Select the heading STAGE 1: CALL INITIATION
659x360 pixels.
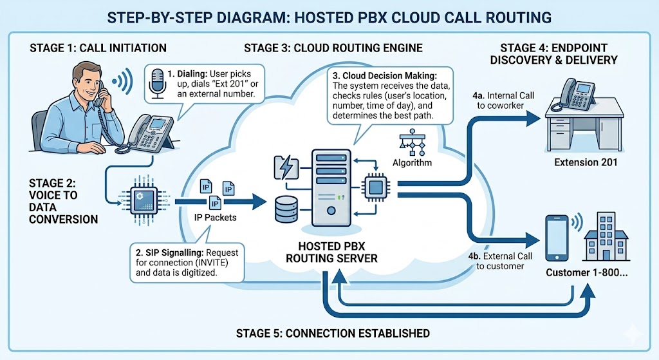pos(98,48)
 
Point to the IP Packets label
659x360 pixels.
pos(215,217)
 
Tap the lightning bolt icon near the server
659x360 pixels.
pos(285,167)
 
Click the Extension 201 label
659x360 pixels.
pos(586,162)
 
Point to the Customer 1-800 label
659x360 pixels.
pos(586,272)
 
